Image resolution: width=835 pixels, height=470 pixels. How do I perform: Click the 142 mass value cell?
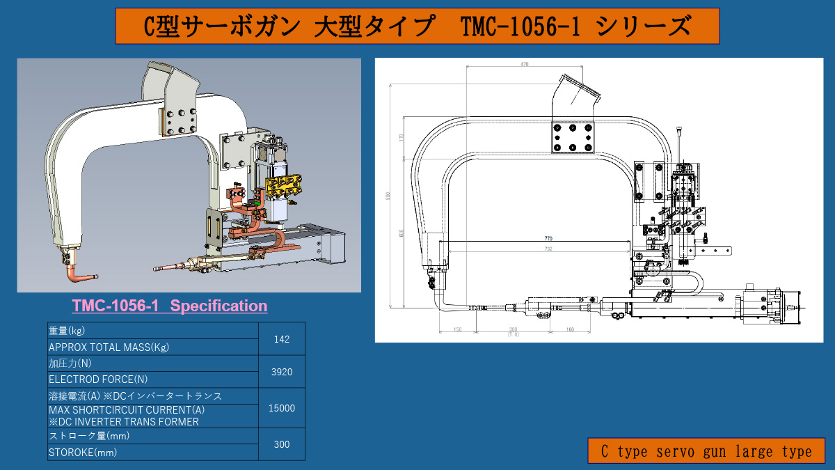[281, 339]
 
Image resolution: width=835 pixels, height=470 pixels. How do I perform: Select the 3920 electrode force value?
[281, 372]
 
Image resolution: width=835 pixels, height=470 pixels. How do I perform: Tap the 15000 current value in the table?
[281, 408]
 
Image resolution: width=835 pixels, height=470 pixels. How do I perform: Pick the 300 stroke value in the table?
[281, 444]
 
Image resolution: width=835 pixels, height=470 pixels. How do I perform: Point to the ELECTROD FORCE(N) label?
[97, 379]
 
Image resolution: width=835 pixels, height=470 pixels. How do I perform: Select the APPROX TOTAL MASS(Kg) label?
[108, 347]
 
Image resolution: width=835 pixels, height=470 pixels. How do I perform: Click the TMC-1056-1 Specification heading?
[169, 306]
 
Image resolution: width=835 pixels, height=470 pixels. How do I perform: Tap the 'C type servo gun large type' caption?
[706, 451]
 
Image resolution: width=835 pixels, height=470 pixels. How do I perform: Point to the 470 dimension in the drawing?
[524, 64]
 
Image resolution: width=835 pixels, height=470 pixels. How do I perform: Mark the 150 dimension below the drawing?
[456, 329]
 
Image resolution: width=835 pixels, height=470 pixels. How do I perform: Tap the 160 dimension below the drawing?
[569, 329]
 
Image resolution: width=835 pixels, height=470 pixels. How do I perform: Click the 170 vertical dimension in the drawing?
[401, 137]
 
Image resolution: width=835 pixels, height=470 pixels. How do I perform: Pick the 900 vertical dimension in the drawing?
[388, 196]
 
